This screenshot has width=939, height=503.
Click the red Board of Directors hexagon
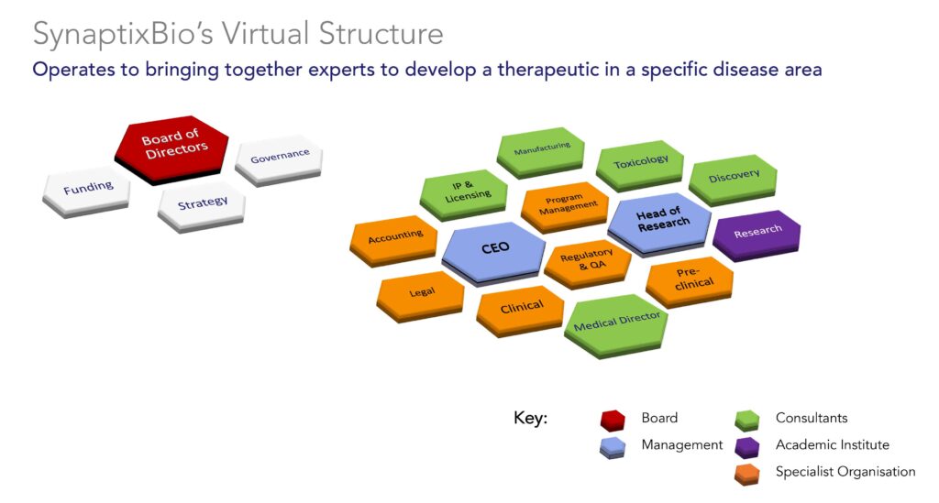pos(171,148)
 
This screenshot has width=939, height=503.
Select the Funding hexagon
pos(86,191)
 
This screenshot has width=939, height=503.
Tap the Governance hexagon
pos(279,160)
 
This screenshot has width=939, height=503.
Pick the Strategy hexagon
pos(202,206)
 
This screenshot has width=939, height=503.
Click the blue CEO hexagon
pos(494,252)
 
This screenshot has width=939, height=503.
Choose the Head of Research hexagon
pos(659,224)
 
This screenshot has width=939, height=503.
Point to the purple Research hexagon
pos(757,235)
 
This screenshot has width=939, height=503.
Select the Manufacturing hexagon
pos(541,151)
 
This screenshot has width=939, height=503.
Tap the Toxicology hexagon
pos(640,165)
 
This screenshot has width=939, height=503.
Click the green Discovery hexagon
pos(733,180)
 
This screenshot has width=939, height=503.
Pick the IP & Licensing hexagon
pos(464,194)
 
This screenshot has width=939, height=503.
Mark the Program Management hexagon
pos(565,206)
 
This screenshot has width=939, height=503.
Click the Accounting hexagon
pos(394,240)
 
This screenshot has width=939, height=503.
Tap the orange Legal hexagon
pos(420,296)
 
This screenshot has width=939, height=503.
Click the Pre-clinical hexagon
pos(690,281)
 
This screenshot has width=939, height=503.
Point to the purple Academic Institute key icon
pos(746,446)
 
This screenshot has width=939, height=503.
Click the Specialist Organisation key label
pos(845,471)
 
